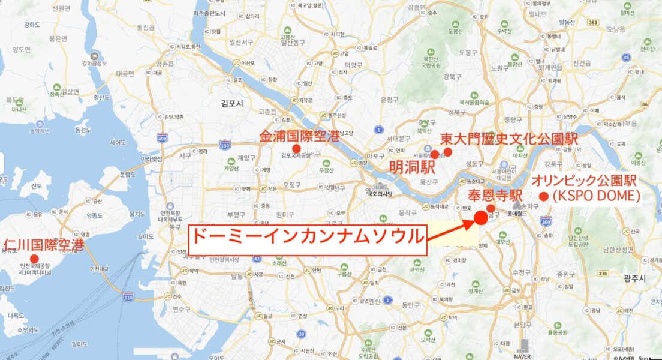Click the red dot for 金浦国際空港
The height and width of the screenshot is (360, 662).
296,148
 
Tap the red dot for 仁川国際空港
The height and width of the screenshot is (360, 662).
42,257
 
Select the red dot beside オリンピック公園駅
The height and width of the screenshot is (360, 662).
544,196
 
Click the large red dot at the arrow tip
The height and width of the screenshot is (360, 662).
480,218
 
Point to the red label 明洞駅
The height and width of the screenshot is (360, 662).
405,166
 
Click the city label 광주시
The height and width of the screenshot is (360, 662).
634,277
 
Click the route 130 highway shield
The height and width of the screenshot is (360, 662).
225,145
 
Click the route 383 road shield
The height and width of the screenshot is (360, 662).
593,22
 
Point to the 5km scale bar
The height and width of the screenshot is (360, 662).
649,358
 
